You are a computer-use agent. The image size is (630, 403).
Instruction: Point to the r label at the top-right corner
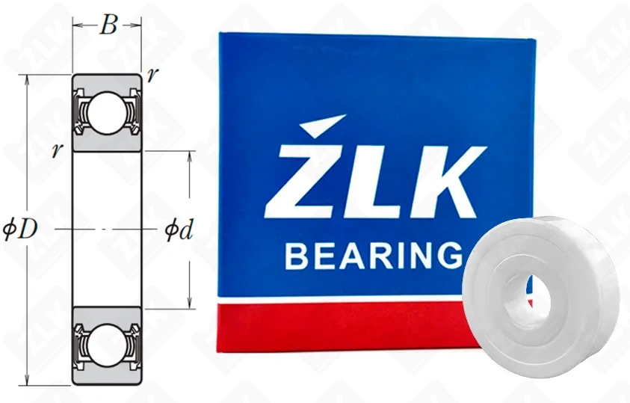pyautogui.click(x=152, y=76)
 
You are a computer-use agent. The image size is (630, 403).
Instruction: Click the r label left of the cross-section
pyautogui.click(x=56, y=150)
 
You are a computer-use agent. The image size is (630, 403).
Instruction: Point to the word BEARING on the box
pyautogui.click(x=372, y=256)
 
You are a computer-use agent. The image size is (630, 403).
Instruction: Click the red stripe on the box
pyautogui.click(x=336, y=325)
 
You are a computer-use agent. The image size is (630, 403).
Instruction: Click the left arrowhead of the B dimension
pyautogui.click(x=75, y=25)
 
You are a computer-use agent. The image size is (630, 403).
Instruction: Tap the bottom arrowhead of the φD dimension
pyautogui.click(x=28, y=381)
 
